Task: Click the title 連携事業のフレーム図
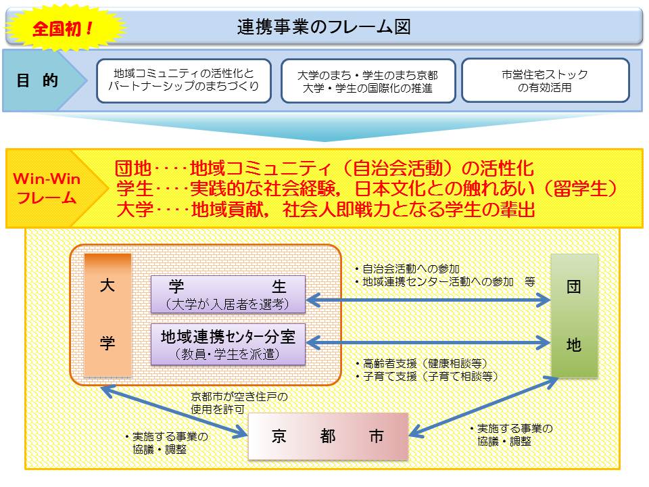324,26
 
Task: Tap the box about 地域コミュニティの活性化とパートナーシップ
184,80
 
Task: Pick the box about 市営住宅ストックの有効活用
545,80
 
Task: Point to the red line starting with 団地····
324,168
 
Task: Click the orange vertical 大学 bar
107,315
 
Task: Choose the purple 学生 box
228,294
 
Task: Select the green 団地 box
574,315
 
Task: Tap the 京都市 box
329,436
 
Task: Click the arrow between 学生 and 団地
428,299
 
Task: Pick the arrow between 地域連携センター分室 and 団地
428,344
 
